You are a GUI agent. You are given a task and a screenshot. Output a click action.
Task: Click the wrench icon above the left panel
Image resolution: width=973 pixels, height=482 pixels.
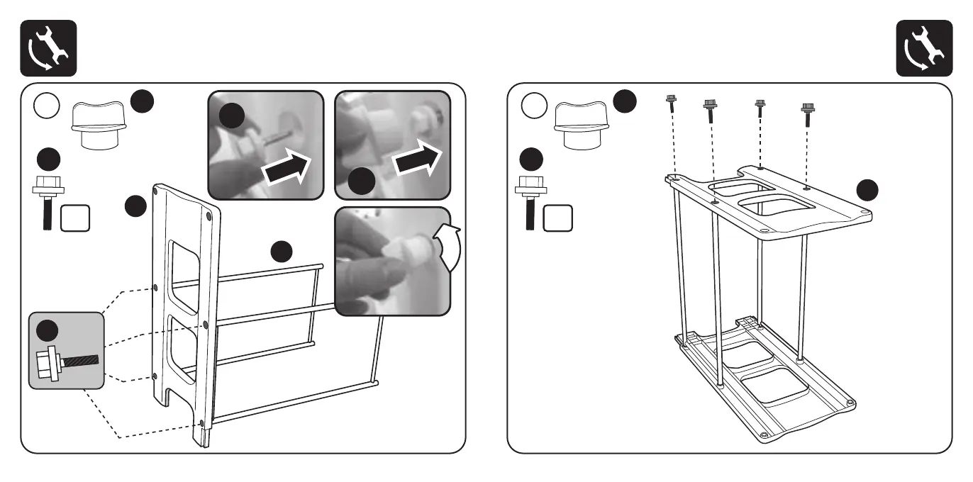[48, 47]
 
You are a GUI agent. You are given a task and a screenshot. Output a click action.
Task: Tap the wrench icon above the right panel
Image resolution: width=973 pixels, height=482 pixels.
[924, 47]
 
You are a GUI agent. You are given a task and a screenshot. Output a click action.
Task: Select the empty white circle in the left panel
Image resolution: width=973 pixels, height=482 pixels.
[47, 107]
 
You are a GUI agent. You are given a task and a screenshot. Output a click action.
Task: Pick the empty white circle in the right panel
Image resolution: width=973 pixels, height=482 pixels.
[534, 107]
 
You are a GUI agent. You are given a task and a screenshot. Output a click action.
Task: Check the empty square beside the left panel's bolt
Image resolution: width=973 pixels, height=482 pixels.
[74, 218]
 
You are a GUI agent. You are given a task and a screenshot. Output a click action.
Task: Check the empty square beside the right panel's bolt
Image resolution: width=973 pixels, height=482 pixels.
[557, 218]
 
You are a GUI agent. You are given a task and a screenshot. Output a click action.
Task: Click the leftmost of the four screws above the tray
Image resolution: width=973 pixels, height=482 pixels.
[670, 103]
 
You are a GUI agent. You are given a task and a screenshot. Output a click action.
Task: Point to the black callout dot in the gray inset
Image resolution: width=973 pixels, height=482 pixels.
[48, 330]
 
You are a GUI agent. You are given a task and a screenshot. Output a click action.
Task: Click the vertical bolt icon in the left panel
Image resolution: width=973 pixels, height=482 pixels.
[46, 201]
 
